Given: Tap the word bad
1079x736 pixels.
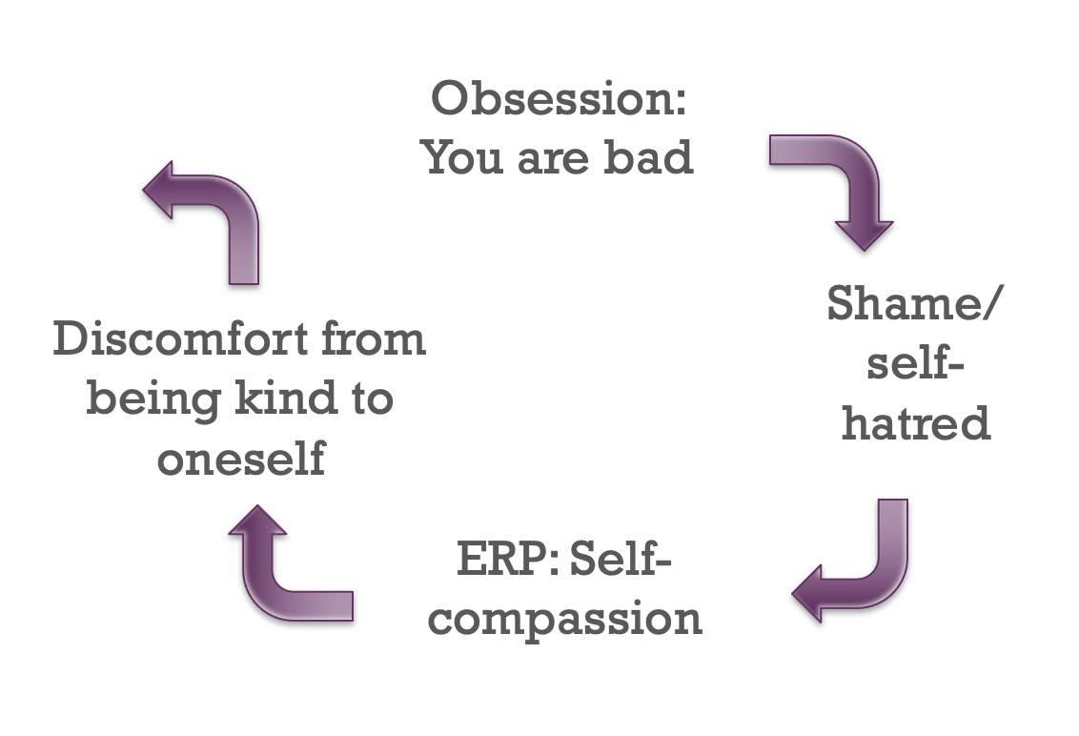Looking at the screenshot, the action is pyautogui.click(x=648, y=157).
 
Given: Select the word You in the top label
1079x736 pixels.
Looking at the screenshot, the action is pyautogui.click(x=462, y=157).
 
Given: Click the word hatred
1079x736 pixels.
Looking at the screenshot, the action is pyautogui.click(x=916, y=422).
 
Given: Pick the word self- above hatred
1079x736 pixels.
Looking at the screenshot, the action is pyautogui.click(x=915, y=363).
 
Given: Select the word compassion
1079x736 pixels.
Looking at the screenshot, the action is pyautogui.click(x=564, y=619).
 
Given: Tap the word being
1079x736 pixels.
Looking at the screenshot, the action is pyautogui.click(x=153, y=399).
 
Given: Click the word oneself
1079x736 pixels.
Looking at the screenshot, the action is pyautogui.click(x=241, y=458).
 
